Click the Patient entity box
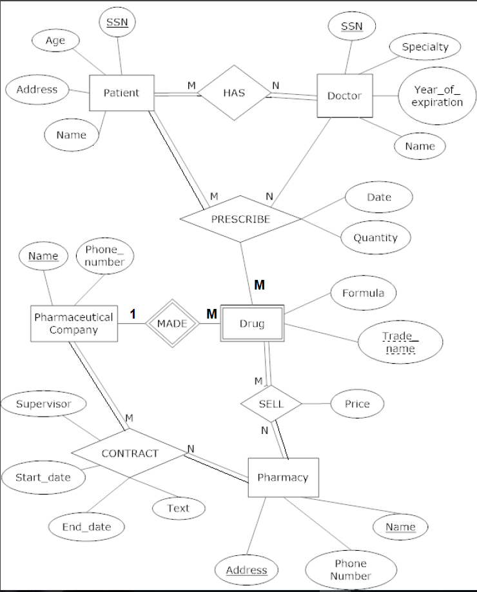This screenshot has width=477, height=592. click(121, 93)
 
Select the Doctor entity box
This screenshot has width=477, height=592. click(344, 96)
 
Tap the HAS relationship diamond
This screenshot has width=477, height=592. click(233, 93)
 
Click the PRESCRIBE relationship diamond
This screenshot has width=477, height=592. click(240, 219)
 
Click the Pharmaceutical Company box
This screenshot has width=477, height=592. click(73, 324)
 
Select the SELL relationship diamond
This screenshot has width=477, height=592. click(271, 404)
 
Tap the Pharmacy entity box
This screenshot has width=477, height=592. click(283, 478)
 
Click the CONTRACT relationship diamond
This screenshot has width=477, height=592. click(129, 453)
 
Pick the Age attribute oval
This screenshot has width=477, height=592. click(55, 41)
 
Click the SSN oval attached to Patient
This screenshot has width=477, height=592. click(117, 23)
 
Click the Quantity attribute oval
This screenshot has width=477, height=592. click(375, 237)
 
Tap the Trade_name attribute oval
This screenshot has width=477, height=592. click(400, 342)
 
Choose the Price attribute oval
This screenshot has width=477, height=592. click(357, 404)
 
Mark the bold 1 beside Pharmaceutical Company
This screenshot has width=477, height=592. click(133, 314)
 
